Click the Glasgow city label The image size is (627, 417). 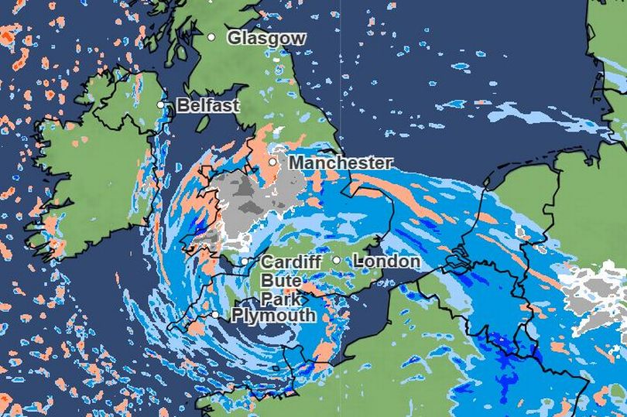[x=266, y=38]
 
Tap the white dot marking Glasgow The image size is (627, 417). [x=211, y=36]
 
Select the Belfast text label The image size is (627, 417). [x=208, y=106]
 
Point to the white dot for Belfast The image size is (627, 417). [x=161, y=104]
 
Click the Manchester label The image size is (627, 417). [x=340, y=163]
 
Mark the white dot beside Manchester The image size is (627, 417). [x=272, y=162]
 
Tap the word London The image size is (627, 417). [x=386, y=261]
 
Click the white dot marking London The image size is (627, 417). [x=337, y=260]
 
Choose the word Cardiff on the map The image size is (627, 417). [x=291, y=261]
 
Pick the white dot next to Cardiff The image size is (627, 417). [x=244, y=261]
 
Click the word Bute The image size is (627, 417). [x=278, y=280]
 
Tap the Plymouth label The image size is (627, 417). [x=274, y=316]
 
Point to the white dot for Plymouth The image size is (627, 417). [x=215, y=314]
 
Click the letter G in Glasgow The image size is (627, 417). [x=233, y=38]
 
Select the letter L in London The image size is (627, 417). [x=358, y=261]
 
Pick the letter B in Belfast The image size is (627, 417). [x=183, y=106]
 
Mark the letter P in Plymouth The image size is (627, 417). [x=238, y=316]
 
